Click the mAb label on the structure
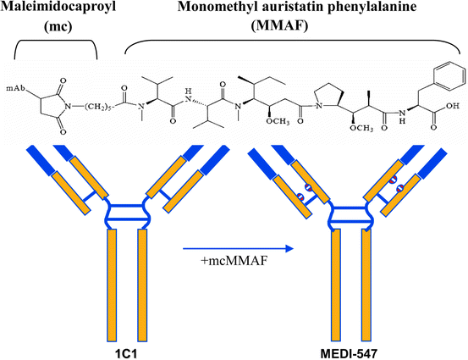(14, 88)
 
